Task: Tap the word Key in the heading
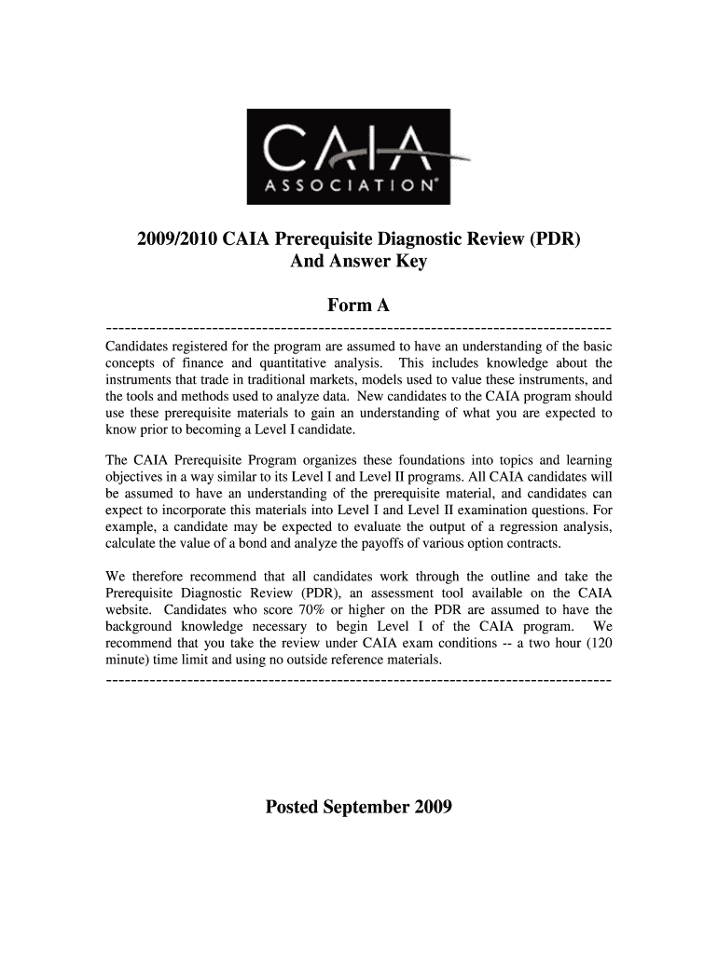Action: [411, 262]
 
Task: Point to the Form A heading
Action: [359, 305]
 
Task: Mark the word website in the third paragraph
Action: [131, 610]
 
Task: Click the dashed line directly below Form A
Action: [360, 328]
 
